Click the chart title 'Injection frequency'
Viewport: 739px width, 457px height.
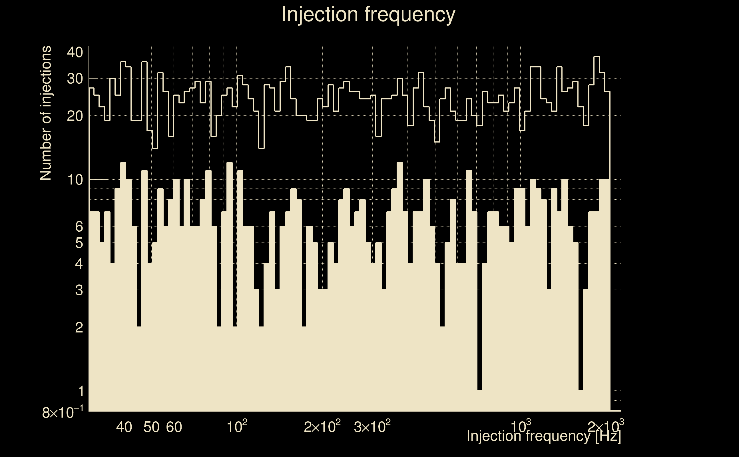(x=368, y=14)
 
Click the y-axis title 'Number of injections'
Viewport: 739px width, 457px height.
(x=45, y=113)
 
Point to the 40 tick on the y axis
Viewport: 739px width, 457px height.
(x=75, y=52)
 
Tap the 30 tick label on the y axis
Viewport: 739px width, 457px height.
(x=75, y=79)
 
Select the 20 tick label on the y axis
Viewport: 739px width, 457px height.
(x=75, y=116)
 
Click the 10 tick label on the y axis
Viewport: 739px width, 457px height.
(x=75, y=180)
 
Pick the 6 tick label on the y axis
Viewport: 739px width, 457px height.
(x=79, y=226)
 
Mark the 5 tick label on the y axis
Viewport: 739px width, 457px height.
(x=79, y=243)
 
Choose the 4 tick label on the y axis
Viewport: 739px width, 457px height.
(x=79, y=264)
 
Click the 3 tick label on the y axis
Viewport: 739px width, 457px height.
(x=79, y=290)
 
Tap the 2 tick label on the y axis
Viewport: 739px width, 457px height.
(x=79, y=327)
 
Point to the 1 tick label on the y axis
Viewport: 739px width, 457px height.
(x=81, y=391)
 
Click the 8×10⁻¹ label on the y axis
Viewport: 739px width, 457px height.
(x=63, y=412)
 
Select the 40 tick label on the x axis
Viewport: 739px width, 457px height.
(x=124, y=427)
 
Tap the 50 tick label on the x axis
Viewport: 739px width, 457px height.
(x=151, y=427)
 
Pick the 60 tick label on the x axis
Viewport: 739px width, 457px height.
(x=174, y=427)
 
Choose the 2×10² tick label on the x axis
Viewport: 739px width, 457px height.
(x=322, y=426)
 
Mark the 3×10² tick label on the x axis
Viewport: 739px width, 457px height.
(x=372, y=426)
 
